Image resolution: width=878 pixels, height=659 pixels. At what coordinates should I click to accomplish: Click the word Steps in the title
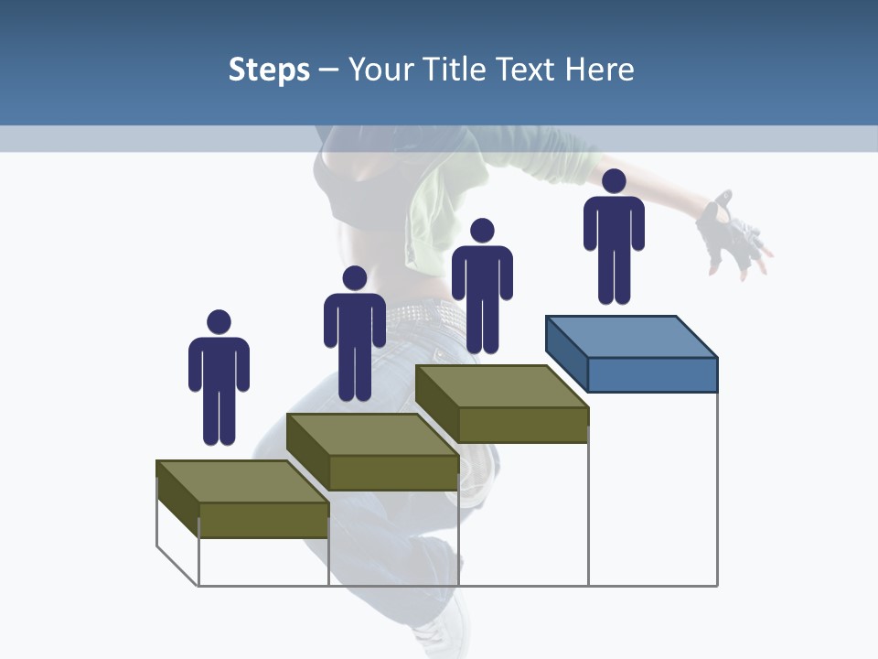269,70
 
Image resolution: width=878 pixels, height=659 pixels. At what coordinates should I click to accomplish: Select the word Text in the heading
530,70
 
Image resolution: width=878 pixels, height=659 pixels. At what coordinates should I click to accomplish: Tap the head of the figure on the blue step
614,181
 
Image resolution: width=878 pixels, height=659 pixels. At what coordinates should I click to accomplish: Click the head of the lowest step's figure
219,322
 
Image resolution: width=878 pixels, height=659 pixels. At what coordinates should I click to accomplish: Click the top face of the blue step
631,337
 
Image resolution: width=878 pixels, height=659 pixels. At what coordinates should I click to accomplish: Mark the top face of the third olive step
501,386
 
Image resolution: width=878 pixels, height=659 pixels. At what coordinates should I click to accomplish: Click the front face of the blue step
652,374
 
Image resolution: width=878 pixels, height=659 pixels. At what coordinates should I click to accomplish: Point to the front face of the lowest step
263,519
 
